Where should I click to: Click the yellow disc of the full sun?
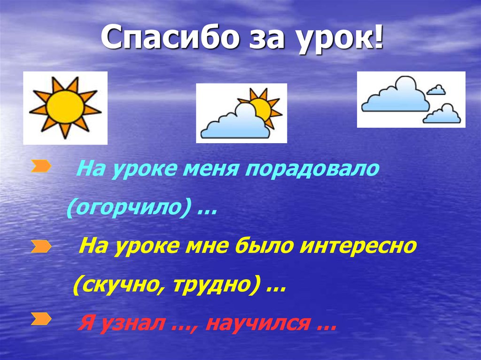click(65, 107)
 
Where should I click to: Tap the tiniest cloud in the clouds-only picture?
click(436, 89)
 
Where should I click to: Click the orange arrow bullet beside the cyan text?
click(41, 166)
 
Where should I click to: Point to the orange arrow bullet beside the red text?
click(41, 320)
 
